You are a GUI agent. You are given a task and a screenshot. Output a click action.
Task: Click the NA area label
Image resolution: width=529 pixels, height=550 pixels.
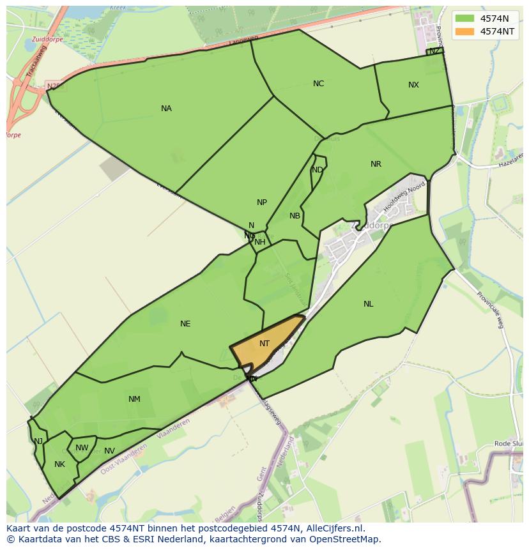click(166, 109)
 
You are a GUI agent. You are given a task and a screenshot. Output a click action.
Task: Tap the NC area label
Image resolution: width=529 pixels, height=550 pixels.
click(318, 84)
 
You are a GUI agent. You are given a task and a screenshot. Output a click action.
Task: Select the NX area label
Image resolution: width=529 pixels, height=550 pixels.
click(413, 85)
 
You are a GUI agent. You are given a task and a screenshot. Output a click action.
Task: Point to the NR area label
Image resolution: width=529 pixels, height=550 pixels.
click(376, 164)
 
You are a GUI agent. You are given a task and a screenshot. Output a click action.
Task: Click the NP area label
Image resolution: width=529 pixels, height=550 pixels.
click(261, 202)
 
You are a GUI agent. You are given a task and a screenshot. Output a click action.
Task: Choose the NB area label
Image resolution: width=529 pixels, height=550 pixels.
click(295, 216)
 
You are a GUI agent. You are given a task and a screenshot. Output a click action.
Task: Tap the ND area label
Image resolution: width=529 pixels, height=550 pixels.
click(317, 170)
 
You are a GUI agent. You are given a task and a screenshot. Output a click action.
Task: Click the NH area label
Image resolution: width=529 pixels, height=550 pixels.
click(259, 242)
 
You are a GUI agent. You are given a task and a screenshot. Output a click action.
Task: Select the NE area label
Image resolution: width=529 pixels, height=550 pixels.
click(185, 324)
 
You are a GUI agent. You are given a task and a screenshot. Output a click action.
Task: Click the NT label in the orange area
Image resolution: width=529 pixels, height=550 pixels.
click(264, 344)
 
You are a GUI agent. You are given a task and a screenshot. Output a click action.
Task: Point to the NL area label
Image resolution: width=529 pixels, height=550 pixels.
click(368, 304)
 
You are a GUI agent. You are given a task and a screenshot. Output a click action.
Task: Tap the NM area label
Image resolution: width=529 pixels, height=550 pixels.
click(134, 399)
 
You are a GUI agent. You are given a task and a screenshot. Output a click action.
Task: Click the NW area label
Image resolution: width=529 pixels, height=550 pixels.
click(82, 448)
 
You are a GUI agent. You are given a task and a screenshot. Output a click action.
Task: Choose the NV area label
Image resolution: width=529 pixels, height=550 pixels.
click(109, 451)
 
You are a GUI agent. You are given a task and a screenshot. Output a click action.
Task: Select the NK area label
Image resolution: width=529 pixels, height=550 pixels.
click(59, 464)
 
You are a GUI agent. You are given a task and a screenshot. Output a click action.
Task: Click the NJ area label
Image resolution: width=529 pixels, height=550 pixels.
click(38, 441)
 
